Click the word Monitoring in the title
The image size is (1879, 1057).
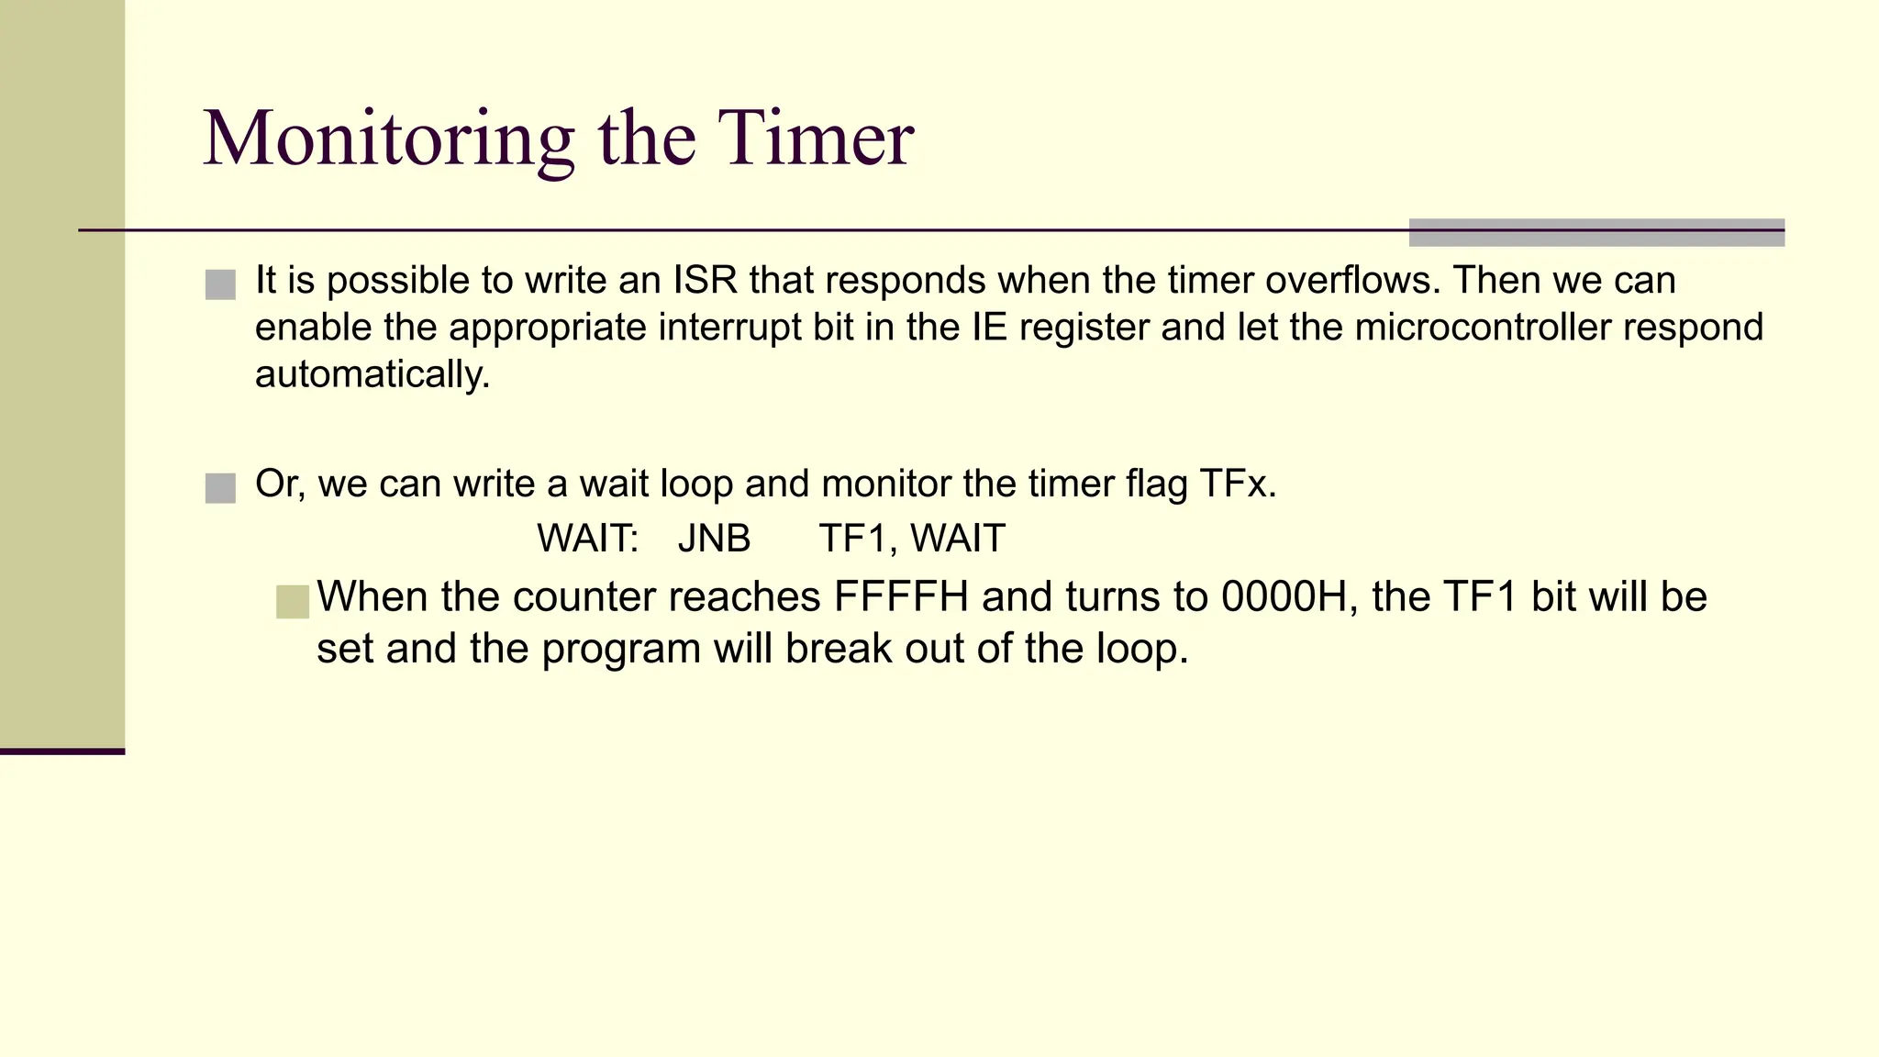click(x=388, y=139)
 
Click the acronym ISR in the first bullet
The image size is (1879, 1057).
click(x=706, y=281)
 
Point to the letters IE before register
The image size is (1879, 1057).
click(x=990, y=328)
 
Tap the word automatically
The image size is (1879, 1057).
click(x=372, y=375)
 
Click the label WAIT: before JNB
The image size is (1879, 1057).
click(x=587, y=539)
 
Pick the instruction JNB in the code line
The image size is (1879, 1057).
click(x=714, y=539)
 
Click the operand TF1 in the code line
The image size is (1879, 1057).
click(x=852, y=539)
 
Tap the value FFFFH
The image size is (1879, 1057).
click(x=900, y=597)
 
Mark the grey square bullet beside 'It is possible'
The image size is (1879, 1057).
click(x=220, y=284)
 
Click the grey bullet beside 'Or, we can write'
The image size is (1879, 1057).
click(x=220, y=488)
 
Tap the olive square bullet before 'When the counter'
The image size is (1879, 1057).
click(x=293, y=602)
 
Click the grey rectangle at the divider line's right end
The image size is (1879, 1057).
click(x=1595, y=233)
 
